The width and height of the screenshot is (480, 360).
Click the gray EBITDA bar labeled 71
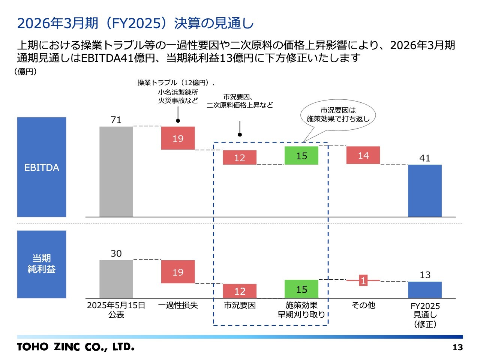click(x=116, y=171)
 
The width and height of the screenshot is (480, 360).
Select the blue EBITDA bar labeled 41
click(x=424, y=190)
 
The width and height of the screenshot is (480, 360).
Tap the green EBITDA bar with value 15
click(x=301, y=156)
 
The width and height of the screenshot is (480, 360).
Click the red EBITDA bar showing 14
click(x=363, y=155)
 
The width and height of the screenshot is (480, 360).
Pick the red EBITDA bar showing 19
click(x=178, y=138)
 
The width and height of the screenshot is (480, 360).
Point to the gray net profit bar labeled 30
click(x=116, y=279)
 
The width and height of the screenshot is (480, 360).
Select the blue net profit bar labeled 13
click(x=424, y=289)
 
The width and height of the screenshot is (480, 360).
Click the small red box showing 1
click(x=363, y=280)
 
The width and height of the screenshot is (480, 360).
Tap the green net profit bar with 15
click(x=301, y=289)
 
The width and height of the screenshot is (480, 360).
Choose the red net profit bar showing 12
click(x=240, y=291)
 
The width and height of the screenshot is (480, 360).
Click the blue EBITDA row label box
click(x=42, y=167)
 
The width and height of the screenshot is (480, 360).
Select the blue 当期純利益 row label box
click(x=42, y=264)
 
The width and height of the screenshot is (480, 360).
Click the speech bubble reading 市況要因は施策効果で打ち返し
click(x=338, y=115)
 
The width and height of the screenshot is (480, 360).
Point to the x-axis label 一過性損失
click(x=178, y=306)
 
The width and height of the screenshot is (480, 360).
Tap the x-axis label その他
click(x=363, y=306)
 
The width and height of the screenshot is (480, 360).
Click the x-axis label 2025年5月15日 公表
click(x=116, y=310)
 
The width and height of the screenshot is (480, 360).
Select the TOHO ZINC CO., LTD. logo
click(x=75, y=347)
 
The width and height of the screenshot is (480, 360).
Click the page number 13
click(x=457, y=347)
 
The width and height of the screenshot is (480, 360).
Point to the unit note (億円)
click(x=25, y=72)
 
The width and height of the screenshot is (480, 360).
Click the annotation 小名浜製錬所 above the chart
click(x=178, y=92)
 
